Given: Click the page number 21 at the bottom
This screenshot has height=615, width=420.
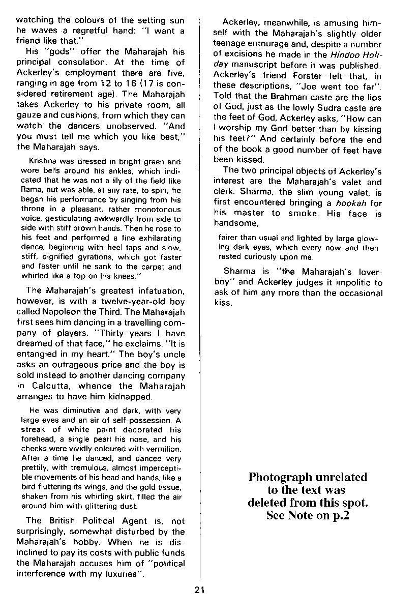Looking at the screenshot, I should point(199,590).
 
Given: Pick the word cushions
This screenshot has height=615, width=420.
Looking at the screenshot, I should point(69,115).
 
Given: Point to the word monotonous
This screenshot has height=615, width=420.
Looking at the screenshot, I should point(160,210).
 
